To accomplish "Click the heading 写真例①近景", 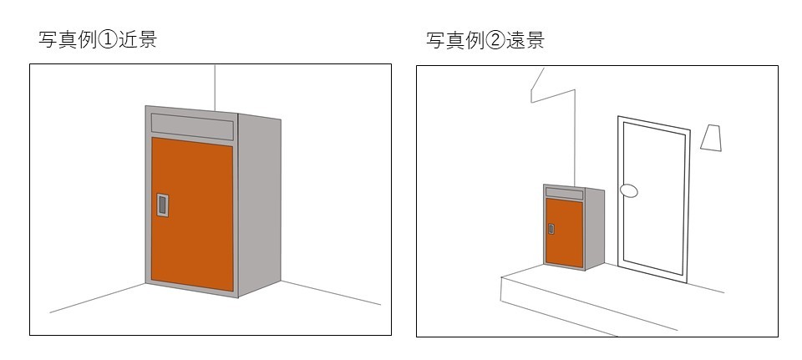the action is coord(97,40).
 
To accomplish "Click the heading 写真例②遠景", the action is coord(485,40).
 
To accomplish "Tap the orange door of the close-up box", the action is coord(192,214).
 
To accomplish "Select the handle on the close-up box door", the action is coord(163,205).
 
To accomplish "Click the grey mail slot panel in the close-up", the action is coord(192,127).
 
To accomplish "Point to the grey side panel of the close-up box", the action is coord(259,205).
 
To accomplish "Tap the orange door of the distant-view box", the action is coord(565,233).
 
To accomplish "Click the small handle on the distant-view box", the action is coord(551,229).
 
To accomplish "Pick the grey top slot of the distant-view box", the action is coord(565,193).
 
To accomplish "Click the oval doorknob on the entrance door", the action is coord(628,191).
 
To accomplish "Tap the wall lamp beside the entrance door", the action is coord(711,138).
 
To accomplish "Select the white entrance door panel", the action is coord(653,199).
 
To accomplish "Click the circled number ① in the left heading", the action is coord(108,40).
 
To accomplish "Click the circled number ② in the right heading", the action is coord(495,41).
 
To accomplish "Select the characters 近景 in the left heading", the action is coord(137,40).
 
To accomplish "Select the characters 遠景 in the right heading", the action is coord(525,40).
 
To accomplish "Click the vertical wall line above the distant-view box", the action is coord(576,138).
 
